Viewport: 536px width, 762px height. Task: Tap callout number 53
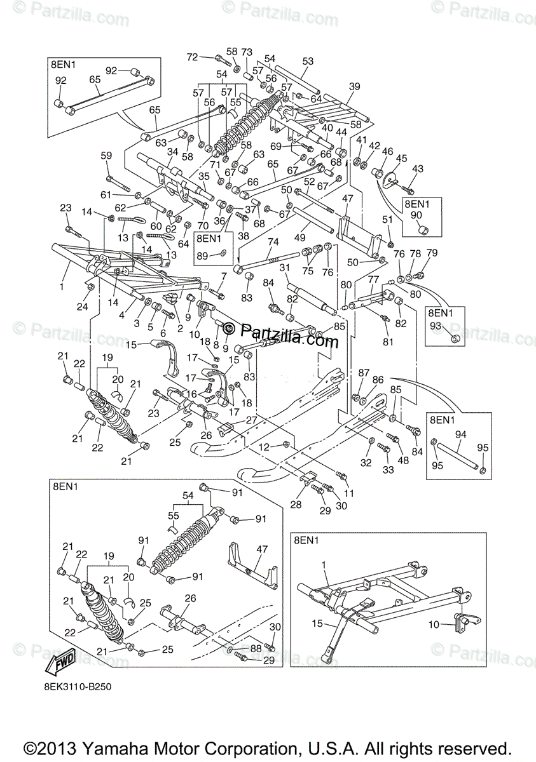pos(308,61)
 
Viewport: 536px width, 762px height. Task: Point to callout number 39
pos(355,86)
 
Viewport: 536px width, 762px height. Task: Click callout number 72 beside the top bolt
pos(193,57)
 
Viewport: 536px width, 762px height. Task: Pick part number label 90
pos(416,215)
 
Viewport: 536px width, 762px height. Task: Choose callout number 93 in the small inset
pos(436,326)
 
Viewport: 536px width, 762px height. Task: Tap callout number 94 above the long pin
pos(461,434)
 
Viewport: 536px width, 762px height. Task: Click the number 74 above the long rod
pos(273,242)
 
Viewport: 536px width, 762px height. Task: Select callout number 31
pos(284,268)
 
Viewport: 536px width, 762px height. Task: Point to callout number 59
pos(106,156)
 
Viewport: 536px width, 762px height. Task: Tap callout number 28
pos(296,504)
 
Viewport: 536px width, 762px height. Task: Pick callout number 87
pos(364,373)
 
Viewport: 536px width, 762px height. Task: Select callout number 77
pos(374,279)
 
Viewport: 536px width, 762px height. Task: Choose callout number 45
pos(401,158)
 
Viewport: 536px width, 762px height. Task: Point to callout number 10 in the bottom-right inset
pos(434,625)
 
